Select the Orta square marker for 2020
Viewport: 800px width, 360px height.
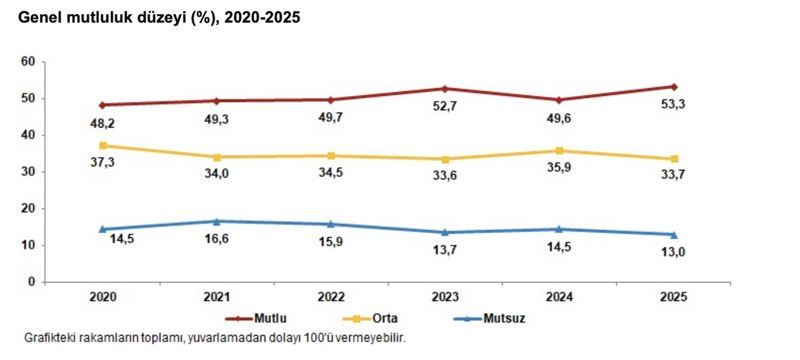click(x=103, y=146)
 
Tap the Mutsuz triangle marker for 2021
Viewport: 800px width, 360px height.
click(x=217, y=221)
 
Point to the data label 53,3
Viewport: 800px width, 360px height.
click(x=674, y=104)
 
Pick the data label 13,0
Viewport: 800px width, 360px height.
click(x=674, y=252)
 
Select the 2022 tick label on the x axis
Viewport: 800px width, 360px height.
click(x=331, y=297)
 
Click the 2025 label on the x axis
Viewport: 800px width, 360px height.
click(x=673, y=297)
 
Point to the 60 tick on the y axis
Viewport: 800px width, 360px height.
click(x=28, y=62)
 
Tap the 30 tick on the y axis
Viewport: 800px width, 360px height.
click(x=28, y=172)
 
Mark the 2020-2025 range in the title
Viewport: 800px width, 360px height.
click(x=262, y=18)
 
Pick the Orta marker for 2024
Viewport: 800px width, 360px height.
click(x=559, y=151)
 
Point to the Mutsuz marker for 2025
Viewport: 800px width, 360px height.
click(x=674, y=235)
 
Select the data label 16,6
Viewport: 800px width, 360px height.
click(x=217, y=238)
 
